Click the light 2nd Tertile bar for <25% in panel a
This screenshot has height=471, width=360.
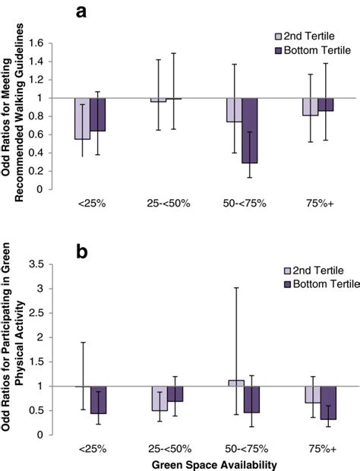[82, 118]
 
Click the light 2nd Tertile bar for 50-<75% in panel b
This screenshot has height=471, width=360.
[235, 383]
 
